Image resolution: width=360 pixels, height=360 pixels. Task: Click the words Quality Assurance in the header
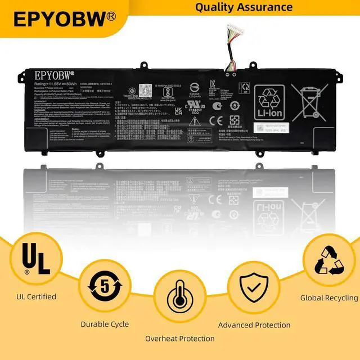[244, 7]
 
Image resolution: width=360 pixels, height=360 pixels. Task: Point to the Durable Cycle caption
[105, 324]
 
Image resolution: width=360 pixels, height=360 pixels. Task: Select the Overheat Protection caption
[179, 339]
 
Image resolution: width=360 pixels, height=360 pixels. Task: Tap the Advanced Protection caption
[254, 325]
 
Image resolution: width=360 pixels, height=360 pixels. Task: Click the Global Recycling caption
[329, 298]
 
